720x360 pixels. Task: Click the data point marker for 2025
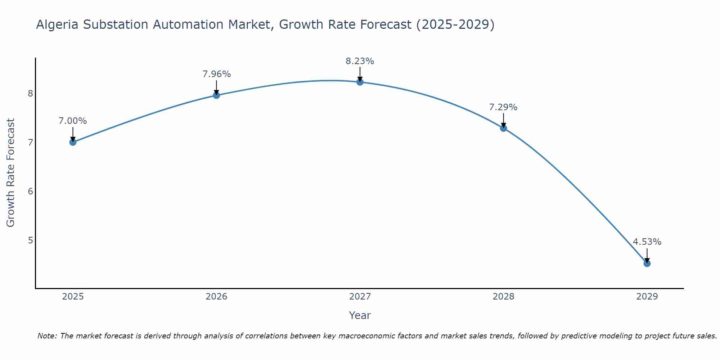[x=73, y=142]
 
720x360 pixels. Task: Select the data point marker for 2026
[x=216, y=95]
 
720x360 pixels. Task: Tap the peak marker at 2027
[x=360, y=82]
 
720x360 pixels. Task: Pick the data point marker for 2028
[x=503, y=128]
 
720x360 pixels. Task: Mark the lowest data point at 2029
[x=647, y=264]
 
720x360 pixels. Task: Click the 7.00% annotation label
[x=73, y=121]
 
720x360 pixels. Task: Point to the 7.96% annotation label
[x=216, y=74]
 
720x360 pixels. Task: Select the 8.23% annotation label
[x=360, y=61]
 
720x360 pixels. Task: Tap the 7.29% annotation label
[x=503, y=107]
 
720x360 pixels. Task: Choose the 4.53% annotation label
[x=647, y=242]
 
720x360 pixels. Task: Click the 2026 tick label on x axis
[x=216, y=297]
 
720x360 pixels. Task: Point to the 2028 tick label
[x=503, y=297]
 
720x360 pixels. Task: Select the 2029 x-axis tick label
[x=647, y=297]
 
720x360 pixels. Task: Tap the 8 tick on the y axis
[x=30, y=94]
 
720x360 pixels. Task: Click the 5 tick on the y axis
[x=30, y=240]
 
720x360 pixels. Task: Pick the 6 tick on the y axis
[x=30, y=191]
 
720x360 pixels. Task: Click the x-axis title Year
[x=360, y=315]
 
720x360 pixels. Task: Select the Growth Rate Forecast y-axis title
[x=11, y=173]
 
